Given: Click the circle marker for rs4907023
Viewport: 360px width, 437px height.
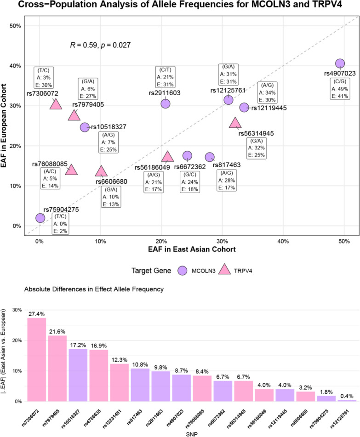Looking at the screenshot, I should coord(340,63).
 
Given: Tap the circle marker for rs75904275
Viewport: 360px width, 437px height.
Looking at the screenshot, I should coord(40,218).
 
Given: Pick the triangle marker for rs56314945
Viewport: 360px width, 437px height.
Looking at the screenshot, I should coord(235,123).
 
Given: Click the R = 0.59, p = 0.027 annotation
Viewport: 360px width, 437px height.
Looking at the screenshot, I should coord(101,45).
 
